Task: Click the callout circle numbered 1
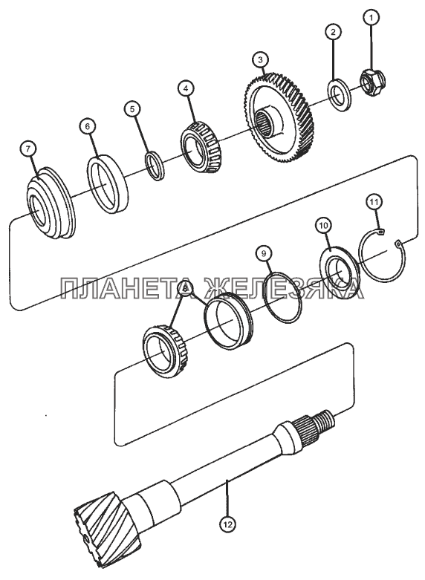[372, 16]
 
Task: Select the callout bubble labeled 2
[333, 31]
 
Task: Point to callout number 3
[260, 60]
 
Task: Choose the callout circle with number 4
[186, 88]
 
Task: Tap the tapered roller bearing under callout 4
[200, 147]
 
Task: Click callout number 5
[132, 108]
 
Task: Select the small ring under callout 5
[154, 166]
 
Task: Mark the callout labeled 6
[87, 126]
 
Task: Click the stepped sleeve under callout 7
[51, 203]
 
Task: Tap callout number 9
[264, 253]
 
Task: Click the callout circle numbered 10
[323, 225]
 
